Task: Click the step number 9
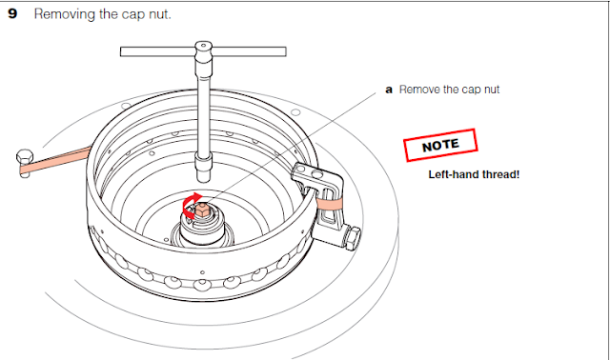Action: pyautogui.click(x=12, y=17)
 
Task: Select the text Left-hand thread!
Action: pyautogui.click(x=474, y=175)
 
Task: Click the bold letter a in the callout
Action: pyautogui.click(x=388, y=90)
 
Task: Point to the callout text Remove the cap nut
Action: pyautogui.click(x=449, y=90)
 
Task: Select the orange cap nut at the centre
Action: pyautogui.click(x=201, y=211)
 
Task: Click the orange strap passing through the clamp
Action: pyautogui.click(x=329, y=202)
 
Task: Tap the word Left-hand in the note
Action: pyautogui.click(x=453, y=175)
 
